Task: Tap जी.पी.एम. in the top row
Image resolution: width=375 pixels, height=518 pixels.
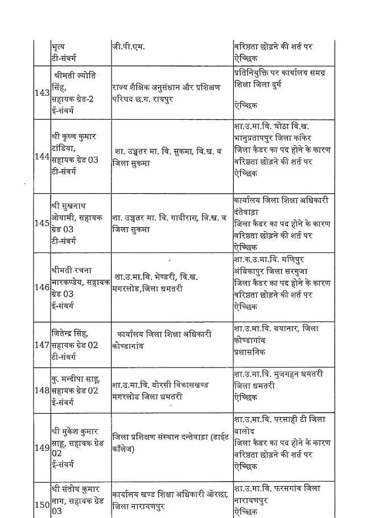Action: (129, 47)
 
